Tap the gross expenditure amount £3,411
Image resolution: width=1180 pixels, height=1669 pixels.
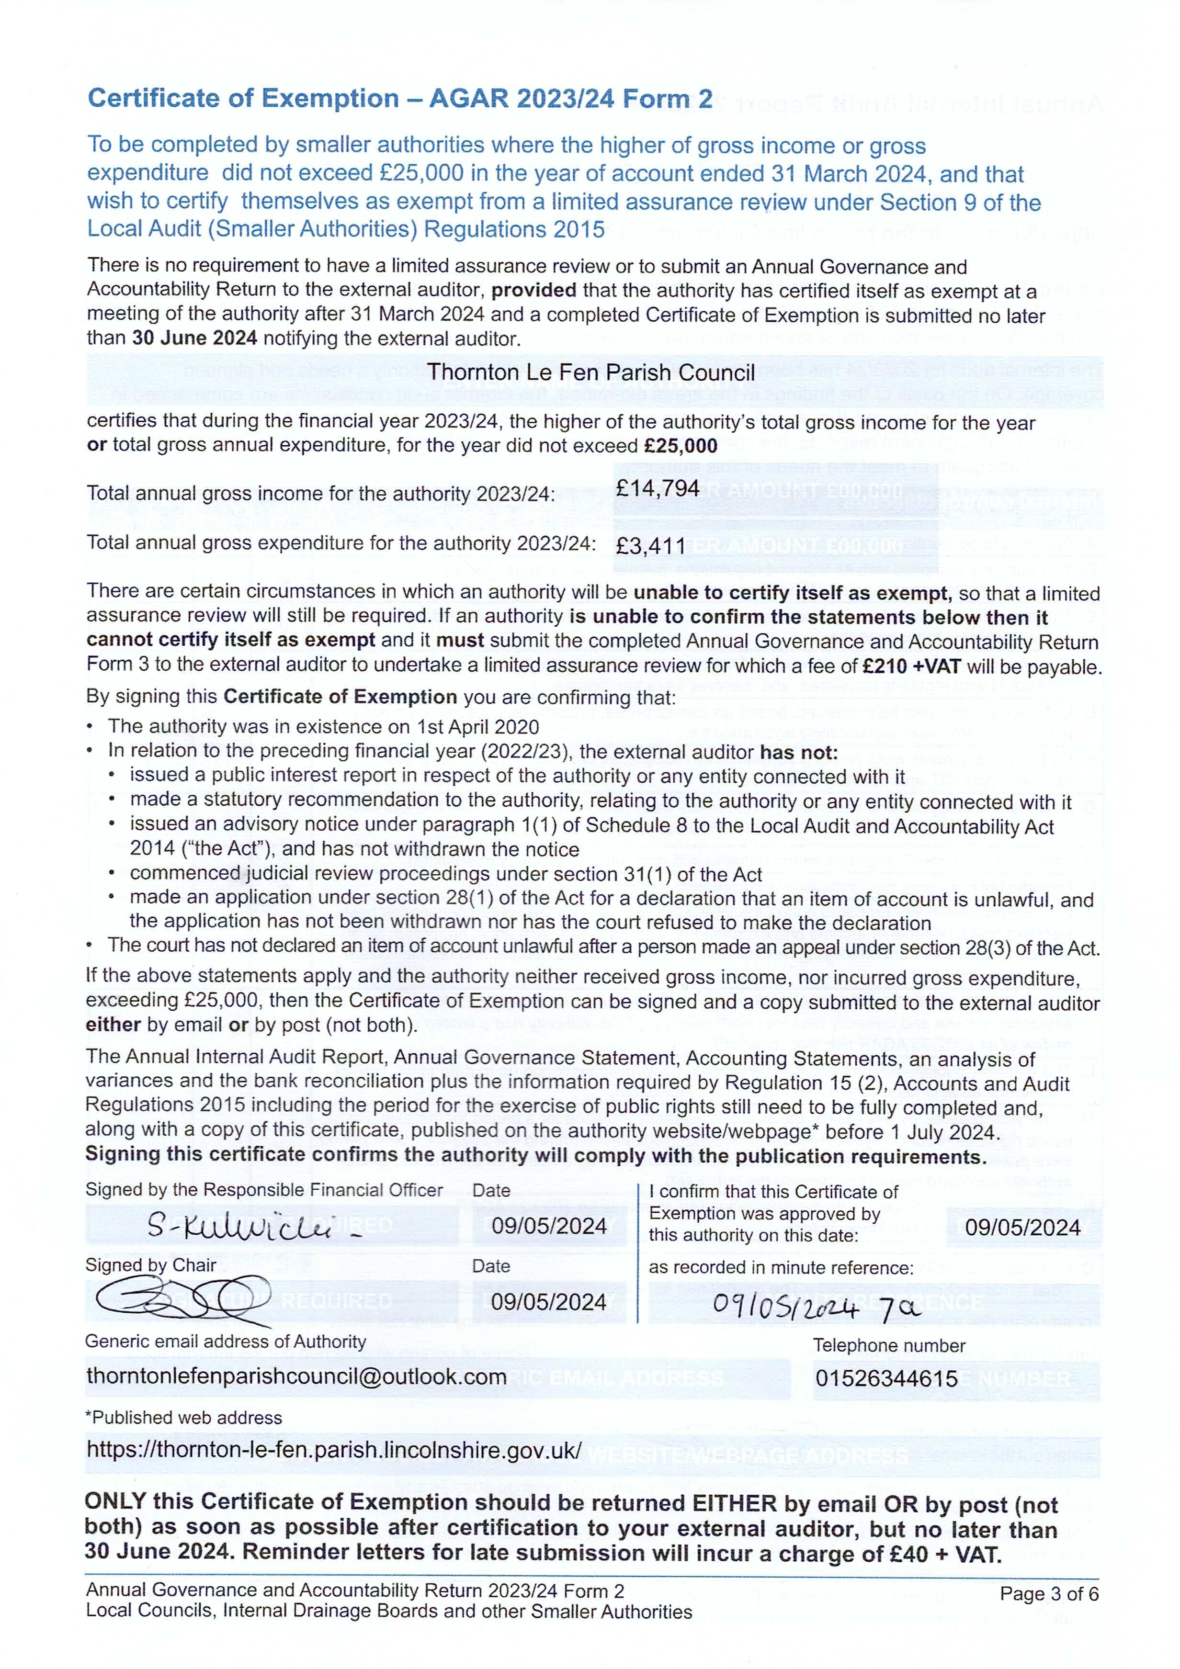(650, 545)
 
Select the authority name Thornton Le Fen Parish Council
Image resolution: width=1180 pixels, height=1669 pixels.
(590, 373)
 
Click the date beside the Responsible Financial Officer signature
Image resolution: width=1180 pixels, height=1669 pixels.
(549, 1226)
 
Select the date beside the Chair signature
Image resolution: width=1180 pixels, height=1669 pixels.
(548, 1302)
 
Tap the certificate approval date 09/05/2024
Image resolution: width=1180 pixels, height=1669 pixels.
(1022, 1228)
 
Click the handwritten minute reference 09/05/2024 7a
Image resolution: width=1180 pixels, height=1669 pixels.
(816, 1306)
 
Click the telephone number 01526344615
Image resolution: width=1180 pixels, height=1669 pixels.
(886, 1378)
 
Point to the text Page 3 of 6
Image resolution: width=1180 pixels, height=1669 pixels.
(1048, 1594)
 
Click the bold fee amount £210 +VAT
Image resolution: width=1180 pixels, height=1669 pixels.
(911, 666)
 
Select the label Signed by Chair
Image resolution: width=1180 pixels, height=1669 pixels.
(150, 1265)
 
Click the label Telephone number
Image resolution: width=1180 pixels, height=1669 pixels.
(888, 1345)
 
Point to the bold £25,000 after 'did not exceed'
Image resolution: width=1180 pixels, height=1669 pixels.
(681, 446)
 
